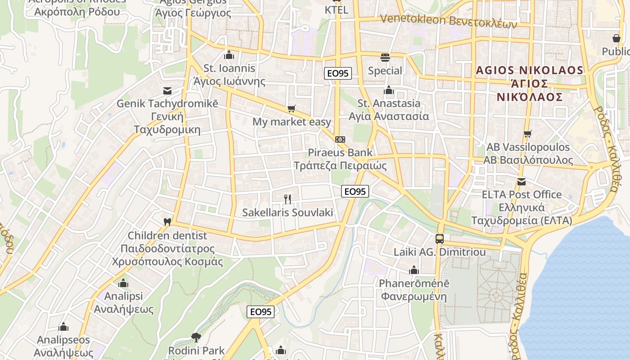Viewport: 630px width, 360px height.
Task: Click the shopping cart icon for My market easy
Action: (292, 108)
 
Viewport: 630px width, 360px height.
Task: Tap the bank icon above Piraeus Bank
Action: (340, 139)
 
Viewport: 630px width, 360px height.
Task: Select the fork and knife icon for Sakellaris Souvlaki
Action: (288, 199)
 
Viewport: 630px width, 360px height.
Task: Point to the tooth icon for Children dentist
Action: (167, 222)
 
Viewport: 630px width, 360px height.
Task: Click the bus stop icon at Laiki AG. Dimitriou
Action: (440, 239)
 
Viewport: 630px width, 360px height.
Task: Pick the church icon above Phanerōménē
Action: (414, 270)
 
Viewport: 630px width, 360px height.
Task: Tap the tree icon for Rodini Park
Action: (196, 337)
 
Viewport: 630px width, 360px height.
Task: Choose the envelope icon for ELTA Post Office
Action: (522, 182)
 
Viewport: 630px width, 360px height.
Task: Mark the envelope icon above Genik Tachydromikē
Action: (167, 90)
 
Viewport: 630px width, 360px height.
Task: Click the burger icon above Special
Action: (385, 57)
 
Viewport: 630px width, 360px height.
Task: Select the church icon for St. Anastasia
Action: (389, 90)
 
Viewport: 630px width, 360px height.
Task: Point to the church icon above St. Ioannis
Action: (229, 55)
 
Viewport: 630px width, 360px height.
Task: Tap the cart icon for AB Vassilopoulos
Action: (528, 134)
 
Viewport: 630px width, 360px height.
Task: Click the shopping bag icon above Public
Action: (616, 38)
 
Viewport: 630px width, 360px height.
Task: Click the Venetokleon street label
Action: (448, 20)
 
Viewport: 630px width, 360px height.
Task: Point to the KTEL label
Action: (336, 10)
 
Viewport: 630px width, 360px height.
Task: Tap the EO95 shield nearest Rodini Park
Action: (261, 311)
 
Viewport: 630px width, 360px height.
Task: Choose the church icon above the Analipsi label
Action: (123, 283)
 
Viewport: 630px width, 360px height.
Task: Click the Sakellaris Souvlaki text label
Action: (288, 212)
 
